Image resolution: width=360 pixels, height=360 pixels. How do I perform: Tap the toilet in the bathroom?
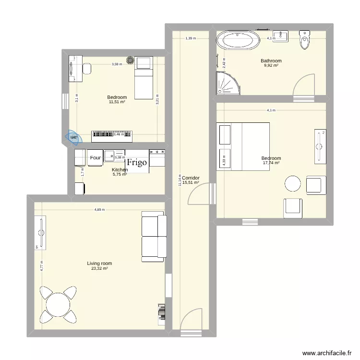(305, 40)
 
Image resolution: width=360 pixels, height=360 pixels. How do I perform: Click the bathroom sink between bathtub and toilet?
(280, 36)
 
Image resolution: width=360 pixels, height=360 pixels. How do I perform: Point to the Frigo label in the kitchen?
(137, 162)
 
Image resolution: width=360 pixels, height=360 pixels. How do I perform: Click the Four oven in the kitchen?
(96, 157)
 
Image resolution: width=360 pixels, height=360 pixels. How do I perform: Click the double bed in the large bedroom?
(243, 146)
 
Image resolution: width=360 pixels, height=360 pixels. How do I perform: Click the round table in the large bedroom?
(293, 183)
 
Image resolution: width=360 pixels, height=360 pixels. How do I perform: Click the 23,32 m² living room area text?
(99, 268)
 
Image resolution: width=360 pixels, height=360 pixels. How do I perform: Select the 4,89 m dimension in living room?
(99, 209)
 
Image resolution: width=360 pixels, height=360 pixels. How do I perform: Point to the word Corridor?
(191, 178)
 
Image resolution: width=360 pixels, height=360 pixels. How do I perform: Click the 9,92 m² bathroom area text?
(271, 65)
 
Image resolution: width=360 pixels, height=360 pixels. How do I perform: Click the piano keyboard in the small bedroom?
(112, 136)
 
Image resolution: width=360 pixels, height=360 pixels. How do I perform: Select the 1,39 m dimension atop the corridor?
(191, 38)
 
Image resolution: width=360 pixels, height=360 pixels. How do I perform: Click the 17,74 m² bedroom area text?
(271, 163)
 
